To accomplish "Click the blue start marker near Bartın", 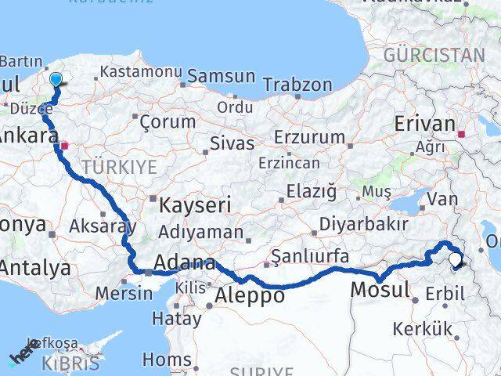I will pos(56,79).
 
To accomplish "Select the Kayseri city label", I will pos(195,206).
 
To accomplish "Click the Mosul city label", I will pos(380,289).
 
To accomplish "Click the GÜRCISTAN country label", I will pos(434,55).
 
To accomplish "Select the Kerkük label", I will pos(424,328).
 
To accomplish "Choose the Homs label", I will pos(166,360).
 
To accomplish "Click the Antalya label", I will pos(34,268).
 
